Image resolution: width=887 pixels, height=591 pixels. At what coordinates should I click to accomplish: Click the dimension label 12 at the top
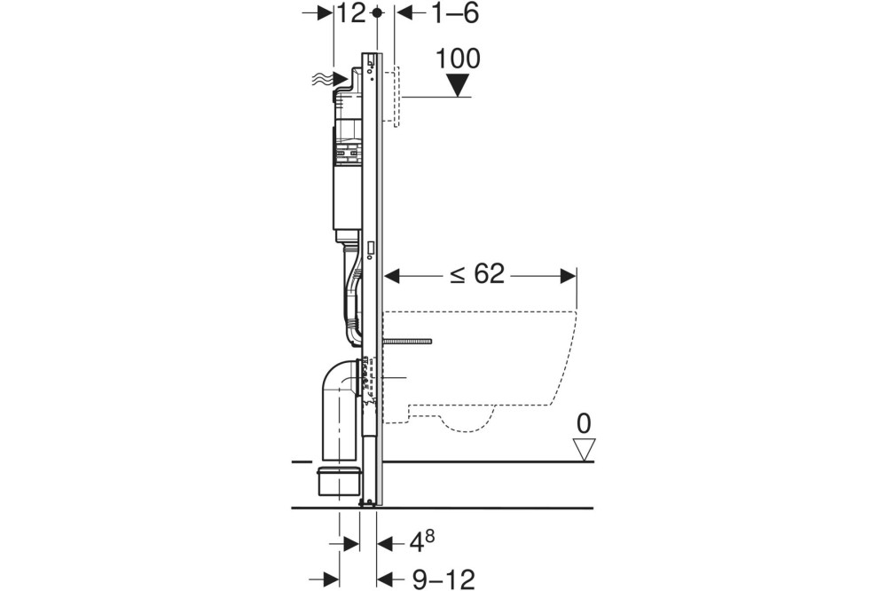coord(352,13)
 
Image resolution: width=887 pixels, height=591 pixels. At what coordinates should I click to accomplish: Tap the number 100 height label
coord(459,59)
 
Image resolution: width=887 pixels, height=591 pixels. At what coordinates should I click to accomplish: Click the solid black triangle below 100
coord(459,85)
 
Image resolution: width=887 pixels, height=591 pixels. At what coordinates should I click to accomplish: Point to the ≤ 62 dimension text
coord(476,274)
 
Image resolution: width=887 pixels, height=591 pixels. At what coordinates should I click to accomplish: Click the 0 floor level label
coord(583,423)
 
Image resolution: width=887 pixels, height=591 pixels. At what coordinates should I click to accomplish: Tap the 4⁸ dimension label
coord(421,540)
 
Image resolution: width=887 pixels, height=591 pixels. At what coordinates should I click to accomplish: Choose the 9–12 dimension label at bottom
coord(443,579)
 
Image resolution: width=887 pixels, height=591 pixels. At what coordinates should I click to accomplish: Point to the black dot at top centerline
coord(378,13)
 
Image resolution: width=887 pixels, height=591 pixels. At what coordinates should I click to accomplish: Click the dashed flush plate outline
coord(397,98)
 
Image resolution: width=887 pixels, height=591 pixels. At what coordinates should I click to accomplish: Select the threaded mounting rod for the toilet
coord(407,341)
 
